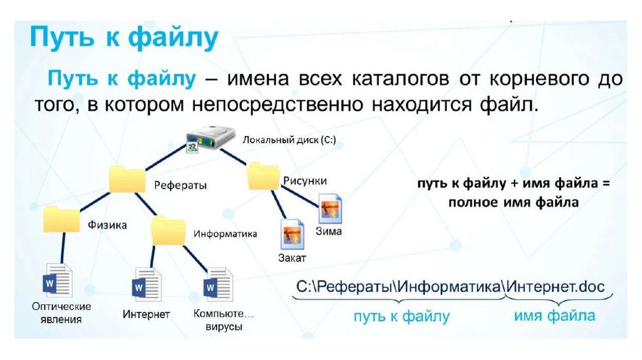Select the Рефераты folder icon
coord(127,179)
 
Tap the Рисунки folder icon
coord(263,176)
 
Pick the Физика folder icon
coord(61,220)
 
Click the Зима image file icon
coord(330,208)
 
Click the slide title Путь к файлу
coord(124,40)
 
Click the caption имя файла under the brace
coord(555,315)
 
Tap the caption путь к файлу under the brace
coord(401,316)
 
